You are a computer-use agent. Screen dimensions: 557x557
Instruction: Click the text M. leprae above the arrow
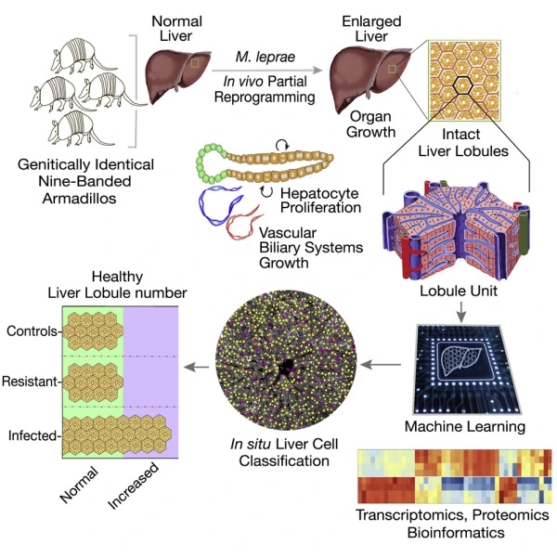[266, 57]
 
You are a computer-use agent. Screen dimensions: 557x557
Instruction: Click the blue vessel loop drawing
[219, 205]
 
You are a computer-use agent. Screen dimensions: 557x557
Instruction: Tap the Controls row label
[32, 331]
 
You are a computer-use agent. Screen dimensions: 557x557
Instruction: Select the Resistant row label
[30, 382]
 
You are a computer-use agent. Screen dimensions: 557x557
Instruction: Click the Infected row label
[32, 435]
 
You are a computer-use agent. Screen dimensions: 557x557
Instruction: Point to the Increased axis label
[133, 486]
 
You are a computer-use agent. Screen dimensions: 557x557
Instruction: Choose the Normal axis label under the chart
[79, 485]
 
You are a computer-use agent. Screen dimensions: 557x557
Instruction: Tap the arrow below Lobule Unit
[460, 313]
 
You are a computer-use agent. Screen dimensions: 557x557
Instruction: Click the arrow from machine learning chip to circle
[381, 365]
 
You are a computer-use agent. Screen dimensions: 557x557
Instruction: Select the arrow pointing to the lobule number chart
[197, 367]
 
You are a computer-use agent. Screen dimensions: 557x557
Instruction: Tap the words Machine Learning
[465, 426]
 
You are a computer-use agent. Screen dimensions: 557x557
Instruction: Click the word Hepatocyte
[319, 194]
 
